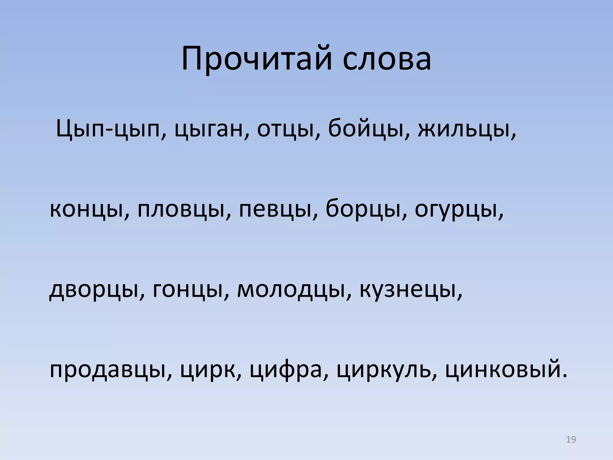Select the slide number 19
click(571, 440)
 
